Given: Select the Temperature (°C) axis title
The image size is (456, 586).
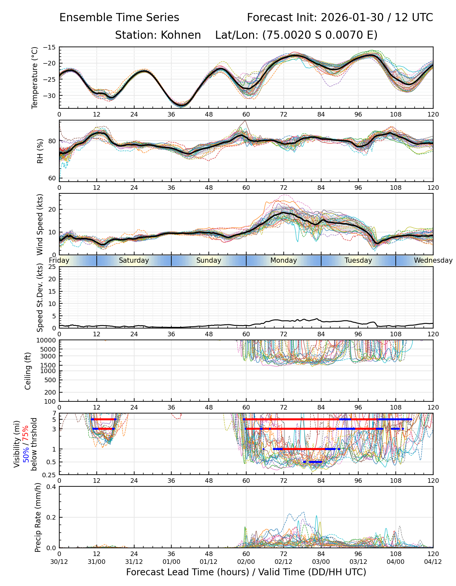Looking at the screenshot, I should click(x=35, y=77).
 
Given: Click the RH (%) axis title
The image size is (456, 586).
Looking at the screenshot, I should click(x=40, y=151).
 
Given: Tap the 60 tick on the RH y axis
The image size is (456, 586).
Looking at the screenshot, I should click(x=52, y=178).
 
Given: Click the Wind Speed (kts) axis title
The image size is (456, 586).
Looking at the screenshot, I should click(x=40, y=224).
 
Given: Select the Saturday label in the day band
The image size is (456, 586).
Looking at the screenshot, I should click(x=134, y=260).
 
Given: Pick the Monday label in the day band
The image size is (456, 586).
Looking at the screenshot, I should click(x=283, y=260).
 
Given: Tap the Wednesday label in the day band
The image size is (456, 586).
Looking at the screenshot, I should click(x=433, y=260).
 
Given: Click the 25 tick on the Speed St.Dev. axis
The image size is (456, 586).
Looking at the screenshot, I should click(x=52, y=267).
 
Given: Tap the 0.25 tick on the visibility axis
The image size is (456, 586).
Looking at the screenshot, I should click(x=50, y=475).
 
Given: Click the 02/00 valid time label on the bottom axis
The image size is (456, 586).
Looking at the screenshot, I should click(x=246, y=562).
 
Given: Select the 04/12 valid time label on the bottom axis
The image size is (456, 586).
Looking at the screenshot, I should click(x=433, y=562).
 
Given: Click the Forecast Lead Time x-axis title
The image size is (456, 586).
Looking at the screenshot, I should click(x=246, y=572).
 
